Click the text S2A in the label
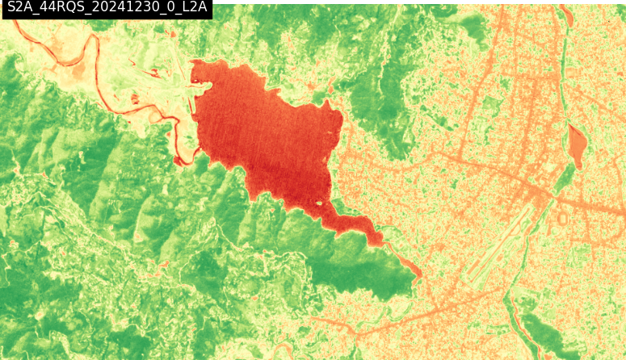pos(21,10)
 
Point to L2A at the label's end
pos(193,10)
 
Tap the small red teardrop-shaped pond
pos(577,143)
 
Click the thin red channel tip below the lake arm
pos(418,275)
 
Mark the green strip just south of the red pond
pos(565,178)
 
